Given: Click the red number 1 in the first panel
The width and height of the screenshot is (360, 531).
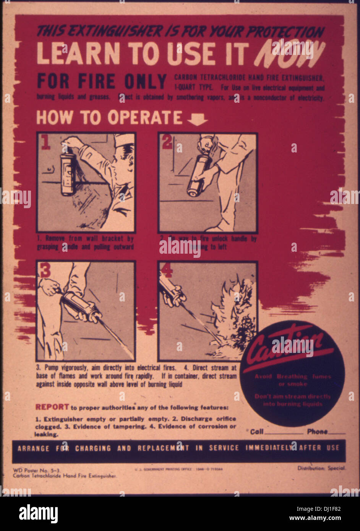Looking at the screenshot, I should click(x=46, y=142).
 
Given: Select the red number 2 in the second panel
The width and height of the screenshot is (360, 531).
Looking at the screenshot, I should click(x=167, y=142).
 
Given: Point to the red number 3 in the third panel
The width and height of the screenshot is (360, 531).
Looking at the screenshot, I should click(x=45, y=270).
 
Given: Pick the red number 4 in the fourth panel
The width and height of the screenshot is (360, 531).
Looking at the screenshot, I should click(x=167, y=270).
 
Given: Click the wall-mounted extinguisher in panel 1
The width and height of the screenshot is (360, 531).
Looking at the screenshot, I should click(x=68, y=174).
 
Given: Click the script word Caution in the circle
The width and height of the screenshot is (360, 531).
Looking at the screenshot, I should click(x=285, y=344).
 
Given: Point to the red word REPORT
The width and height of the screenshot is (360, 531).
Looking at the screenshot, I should click(x=52, y=407).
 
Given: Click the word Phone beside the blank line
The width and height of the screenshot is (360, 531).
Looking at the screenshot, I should click(x=317, y=431).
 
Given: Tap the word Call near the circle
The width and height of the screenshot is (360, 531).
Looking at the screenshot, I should click(x=257, y=431).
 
